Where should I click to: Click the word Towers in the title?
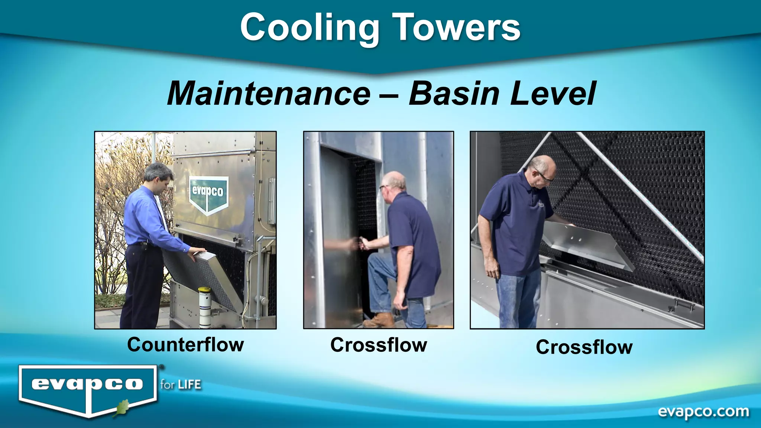(457, 28)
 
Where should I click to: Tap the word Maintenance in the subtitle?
(269, 94)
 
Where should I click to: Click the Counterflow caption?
(185, 344)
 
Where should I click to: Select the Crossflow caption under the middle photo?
(379, 345)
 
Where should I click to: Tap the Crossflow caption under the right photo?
(584, 347)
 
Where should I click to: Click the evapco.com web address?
(703, 412)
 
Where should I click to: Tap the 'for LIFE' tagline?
(181, 384)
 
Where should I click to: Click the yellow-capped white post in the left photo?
(204, 307)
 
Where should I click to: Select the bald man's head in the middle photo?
(393, 183)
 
